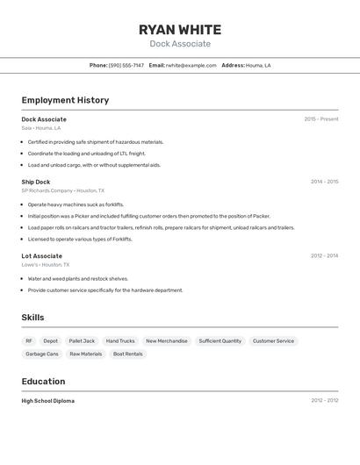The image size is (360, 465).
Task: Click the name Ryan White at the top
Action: pos(180,30)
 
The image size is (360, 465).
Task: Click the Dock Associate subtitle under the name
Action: pos(180,44)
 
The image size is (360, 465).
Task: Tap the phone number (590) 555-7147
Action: pos(126,66)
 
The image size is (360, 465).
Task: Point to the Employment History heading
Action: pos(65,100)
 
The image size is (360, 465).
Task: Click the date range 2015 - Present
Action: pos(321,119)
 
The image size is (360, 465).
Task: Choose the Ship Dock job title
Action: pos(36,182)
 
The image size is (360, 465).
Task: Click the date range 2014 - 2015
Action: pos(324,182)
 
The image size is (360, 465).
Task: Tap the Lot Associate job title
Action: pos(42,256)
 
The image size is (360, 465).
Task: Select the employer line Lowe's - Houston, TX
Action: pos(46,265)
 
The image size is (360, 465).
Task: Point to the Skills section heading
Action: pos(32,318)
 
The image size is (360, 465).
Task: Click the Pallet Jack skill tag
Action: pos(82,341)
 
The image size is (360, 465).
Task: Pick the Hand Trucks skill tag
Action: pos(120,341)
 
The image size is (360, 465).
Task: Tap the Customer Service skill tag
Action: pos(273,341)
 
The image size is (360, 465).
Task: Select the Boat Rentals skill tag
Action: pos(127,354)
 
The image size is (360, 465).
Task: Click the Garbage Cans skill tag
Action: pos(42,354)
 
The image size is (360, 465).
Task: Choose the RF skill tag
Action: pos(29,341)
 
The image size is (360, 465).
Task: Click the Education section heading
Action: pos(43,382)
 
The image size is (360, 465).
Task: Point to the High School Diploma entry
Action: pos(48,401)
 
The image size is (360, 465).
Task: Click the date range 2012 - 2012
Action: pos(324,401)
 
